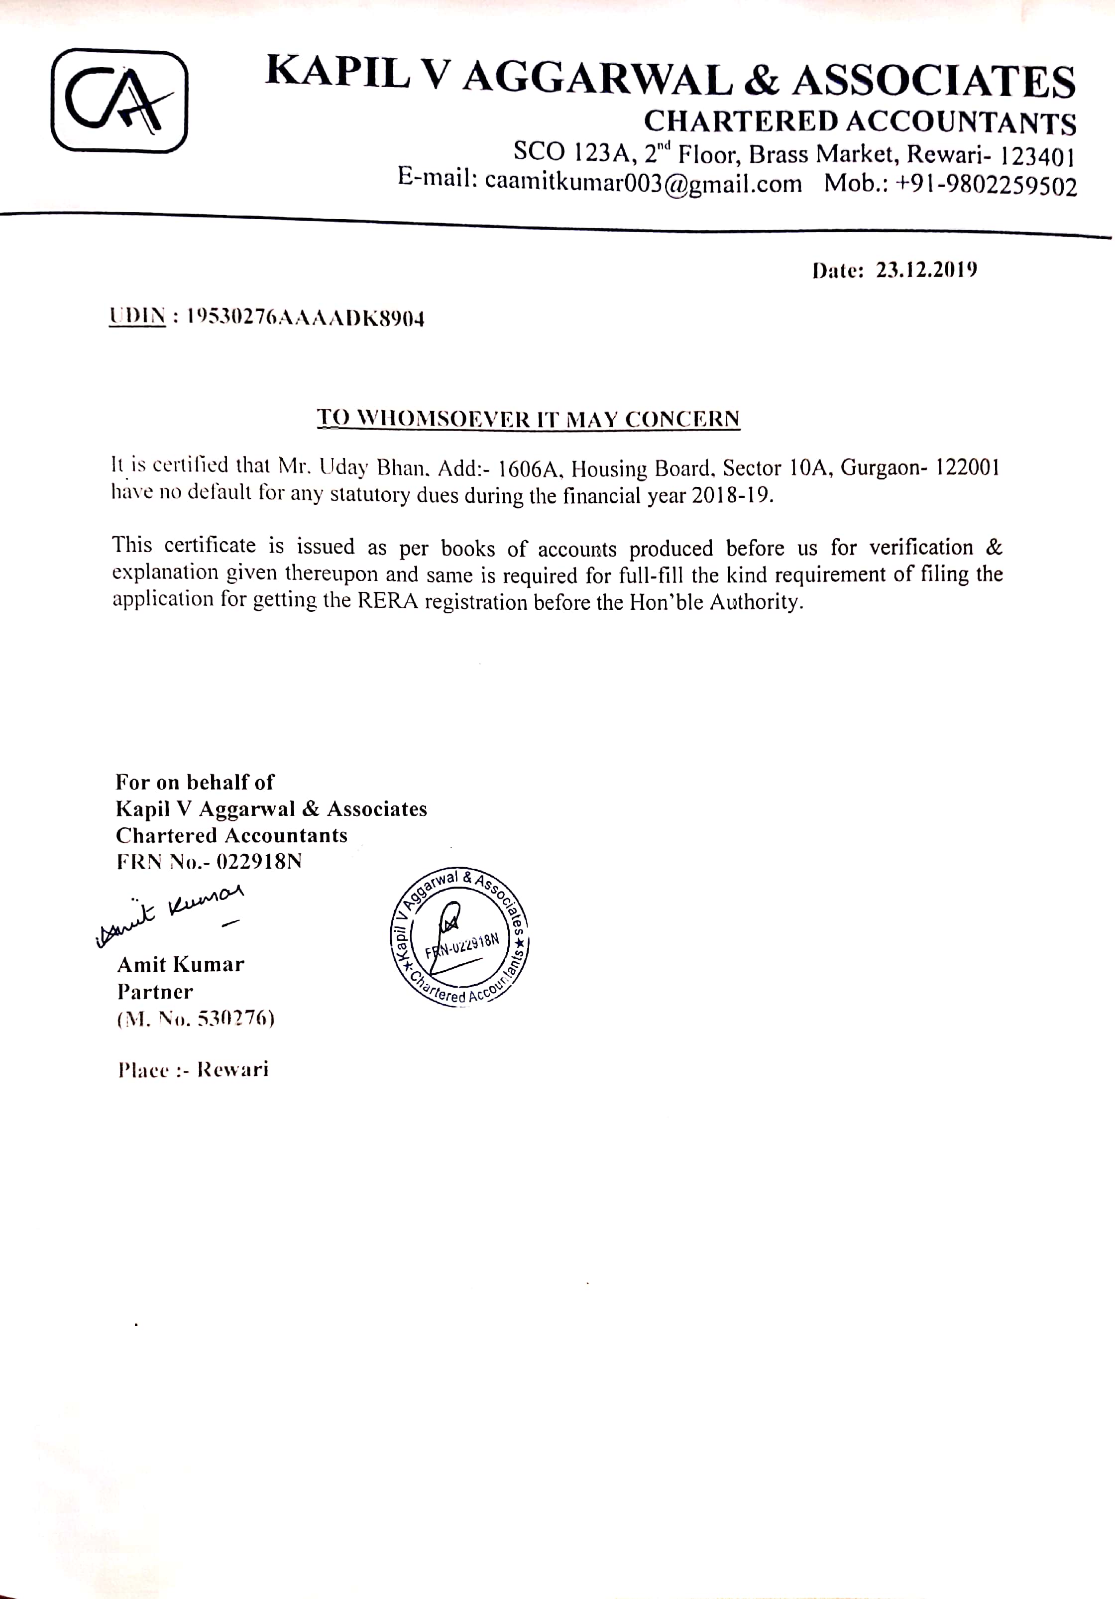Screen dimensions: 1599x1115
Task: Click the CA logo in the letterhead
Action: click(x=119, y=100)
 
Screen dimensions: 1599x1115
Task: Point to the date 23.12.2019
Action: click(x=926, y=270)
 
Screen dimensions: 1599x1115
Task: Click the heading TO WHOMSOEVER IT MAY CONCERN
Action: click(x=529, y=419)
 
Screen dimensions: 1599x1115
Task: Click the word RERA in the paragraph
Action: click(x=388, y=601)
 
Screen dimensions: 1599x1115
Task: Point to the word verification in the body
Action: click(x=921, y=548)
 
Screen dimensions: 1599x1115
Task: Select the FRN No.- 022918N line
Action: click(x=209, y=862)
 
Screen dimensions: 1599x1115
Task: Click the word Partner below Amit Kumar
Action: click(x=155, y=991)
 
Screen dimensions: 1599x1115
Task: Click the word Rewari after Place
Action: click(x=232, y=1069)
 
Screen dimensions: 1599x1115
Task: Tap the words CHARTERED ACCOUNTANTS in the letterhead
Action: click(x=860, y=122)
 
